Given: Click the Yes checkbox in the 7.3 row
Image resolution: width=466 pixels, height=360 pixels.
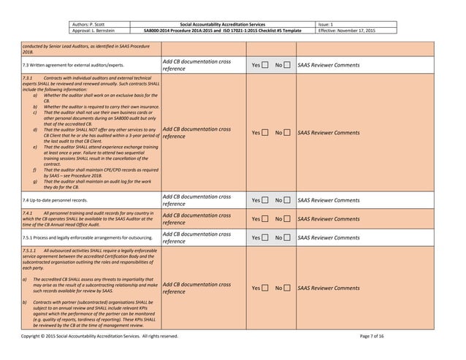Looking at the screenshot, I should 266,66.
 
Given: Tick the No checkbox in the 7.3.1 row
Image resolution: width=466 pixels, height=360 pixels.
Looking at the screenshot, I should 290,133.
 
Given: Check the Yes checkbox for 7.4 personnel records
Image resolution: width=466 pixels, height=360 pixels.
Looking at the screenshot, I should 266,200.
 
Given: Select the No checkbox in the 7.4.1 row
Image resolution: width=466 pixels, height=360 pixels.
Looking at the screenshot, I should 290,219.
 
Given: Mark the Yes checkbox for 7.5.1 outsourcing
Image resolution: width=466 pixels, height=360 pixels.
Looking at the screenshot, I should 266,238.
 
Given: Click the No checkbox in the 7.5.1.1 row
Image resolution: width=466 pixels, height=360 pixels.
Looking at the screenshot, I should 290,288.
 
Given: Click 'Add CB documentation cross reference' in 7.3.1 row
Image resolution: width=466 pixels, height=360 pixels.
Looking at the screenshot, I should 196,133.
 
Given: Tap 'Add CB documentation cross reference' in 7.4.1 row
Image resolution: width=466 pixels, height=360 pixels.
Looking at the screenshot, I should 196,219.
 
